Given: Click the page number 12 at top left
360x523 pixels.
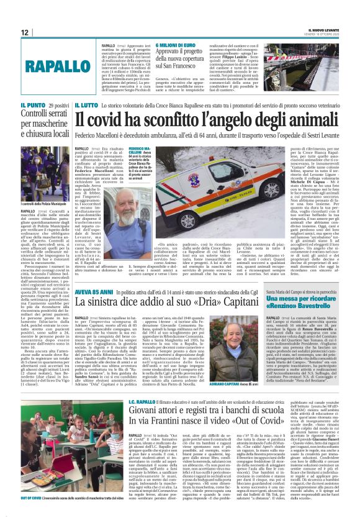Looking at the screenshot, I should (x=25, y=32).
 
